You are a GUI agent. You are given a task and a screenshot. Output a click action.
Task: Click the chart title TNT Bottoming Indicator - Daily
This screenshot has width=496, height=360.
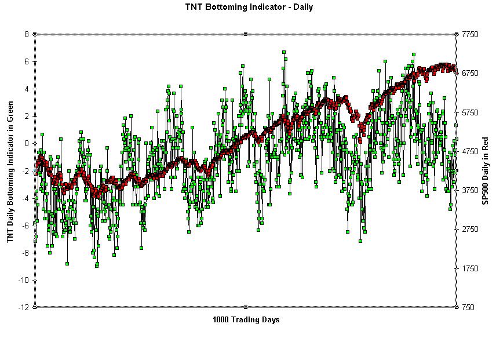point(249,8)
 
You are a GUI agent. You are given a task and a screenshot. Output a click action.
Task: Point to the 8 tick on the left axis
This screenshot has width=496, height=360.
point(25,34)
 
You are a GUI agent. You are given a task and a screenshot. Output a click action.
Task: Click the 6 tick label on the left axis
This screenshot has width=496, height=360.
point(25,61)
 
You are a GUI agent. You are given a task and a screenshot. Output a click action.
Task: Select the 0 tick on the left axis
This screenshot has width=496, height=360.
point(25,143)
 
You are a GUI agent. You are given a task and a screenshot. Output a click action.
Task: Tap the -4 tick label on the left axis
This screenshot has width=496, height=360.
point(24,198)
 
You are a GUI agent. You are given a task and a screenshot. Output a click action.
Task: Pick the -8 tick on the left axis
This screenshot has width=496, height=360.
point(24,253)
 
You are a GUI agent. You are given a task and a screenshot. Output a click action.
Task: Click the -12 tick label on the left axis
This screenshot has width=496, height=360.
point(23,307)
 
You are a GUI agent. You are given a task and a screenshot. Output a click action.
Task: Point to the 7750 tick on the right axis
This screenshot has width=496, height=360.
point(470,35)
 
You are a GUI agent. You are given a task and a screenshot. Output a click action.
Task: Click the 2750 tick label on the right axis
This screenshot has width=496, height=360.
point(470,230)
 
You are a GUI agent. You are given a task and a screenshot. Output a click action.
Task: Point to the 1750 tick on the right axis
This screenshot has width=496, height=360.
point(470,268)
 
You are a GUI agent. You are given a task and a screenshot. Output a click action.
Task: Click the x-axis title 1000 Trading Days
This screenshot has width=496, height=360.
point(246,319)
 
